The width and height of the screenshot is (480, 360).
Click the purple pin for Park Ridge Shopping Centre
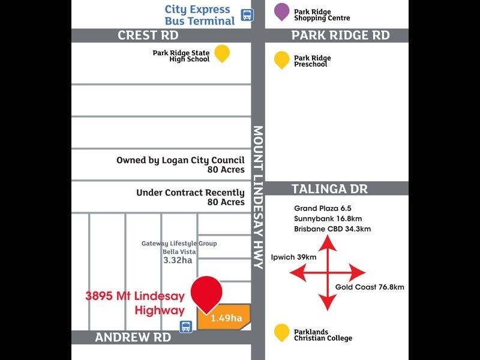(x=281, y=11)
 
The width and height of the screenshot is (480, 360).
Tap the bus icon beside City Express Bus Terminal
(x=247, y=14)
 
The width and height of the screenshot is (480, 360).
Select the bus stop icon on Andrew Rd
(x=186, y=326)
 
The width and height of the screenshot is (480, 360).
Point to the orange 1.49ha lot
(x=224, y=317)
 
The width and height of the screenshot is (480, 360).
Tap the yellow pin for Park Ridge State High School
(x=222, y=53)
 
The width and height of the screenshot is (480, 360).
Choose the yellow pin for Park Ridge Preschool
(x=281, y=60)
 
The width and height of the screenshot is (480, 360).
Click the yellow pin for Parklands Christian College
(x=281, y=332)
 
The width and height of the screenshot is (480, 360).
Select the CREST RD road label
(x=148, y=35)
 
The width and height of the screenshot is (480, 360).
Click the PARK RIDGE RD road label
(x=340, y=35)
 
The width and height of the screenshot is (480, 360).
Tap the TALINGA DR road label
(x=329, y=189)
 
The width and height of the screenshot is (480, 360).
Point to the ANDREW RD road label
(x=133, y=337)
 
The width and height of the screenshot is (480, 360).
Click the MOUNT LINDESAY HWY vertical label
(x=258, y=197)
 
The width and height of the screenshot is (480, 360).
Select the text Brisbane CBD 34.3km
(x=332, y=229)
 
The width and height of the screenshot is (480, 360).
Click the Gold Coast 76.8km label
(x=370, y=287)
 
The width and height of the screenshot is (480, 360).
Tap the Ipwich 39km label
(x=293, y=257)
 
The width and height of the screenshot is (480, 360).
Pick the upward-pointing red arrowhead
(x=328, y=243)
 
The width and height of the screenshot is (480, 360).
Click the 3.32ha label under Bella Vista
(x=178, y=260)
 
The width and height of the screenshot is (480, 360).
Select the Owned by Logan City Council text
(x=181, y=160)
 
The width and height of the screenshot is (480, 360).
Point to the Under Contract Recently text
(x=190, y=193)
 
